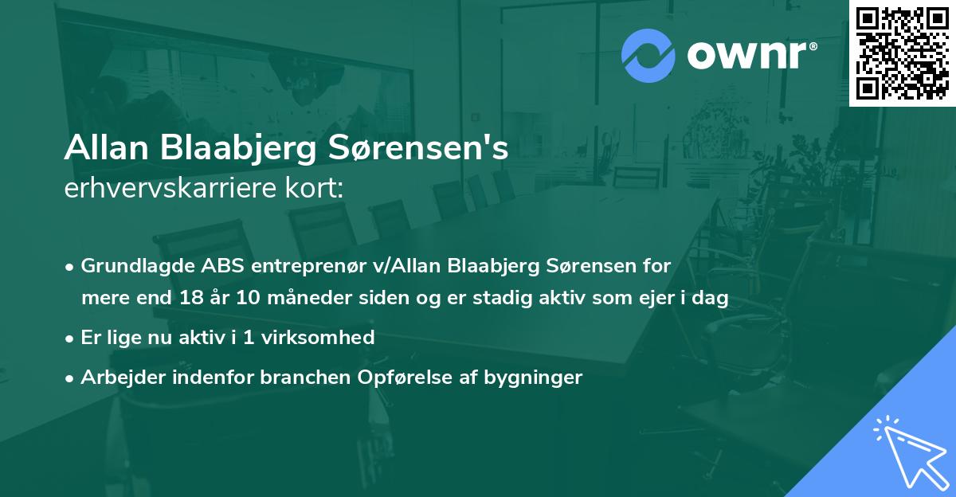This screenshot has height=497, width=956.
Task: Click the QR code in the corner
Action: click(902, 53)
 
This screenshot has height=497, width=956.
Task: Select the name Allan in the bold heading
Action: click(108, 149)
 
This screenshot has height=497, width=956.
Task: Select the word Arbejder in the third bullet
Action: click(117, 378)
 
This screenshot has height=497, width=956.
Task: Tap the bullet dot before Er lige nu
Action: click(71, 339)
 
